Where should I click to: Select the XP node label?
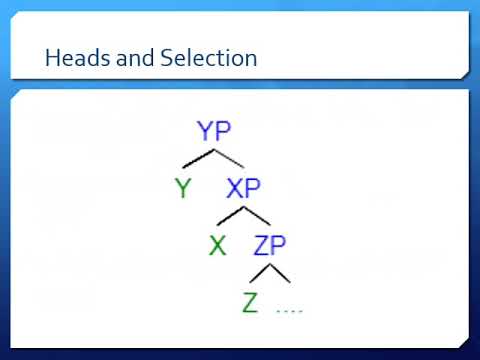click(x=245, y=187)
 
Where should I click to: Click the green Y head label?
click(x=182, y=187)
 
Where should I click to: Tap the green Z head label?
click(x=251, y=301)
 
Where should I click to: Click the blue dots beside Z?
click(x=289, y=310)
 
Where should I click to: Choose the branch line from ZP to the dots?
click(x=280, y=272)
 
